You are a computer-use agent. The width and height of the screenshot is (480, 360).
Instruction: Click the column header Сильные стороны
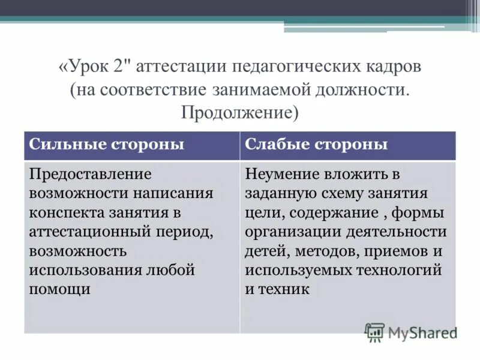[106, 145]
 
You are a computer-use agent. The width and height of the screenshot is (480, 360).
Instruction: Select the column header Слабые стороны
[316, 145]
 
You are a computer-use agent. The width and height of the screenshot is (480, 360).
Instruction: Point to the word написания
[168, 194]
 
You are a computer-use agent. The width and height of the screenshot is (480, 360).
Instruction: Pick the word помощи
[60, 289]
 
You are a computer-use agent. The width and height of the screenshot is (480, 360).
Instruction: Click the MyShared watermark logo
[410, 332]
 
